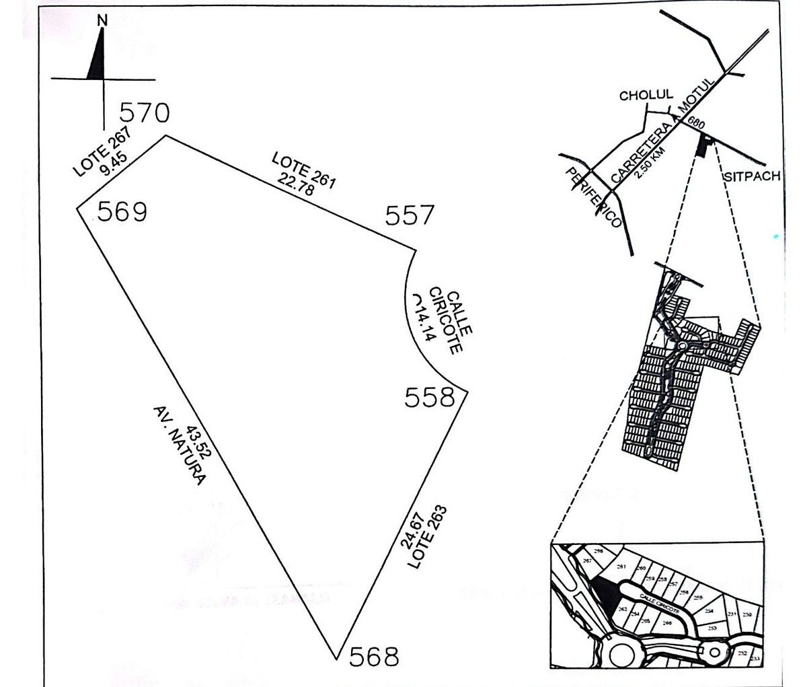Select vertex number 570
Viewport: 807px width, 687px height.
pyautogui.click(x=144, y=112)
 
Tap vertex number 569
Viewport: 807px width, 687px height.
pyautogui.click(x=122, y=212)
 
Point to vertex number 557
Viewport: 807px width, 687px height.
pyautogui.click(x=410, y=215)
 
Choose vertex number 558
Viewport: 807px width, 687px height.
pyautogui.click(x=430, y=398)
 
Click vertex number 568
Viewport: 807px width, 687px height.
pyautogui.click(x=374, y=655)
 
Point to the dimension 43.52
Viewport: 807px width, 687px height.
pyautogui.click(x=200, y=442)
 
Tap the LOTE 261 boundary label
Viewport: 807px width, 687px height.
pyautogui.click(x=303, y=169)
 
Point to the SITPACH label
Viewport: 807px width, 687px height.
pyautogui.click(x=752, y=177)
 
